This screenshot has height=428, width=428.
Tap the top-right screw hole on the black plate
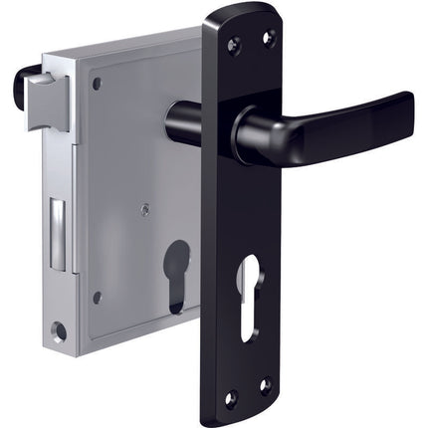[x=267, y=38]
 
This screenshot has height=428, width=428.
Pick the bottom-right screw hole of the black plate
[x=266, y=384]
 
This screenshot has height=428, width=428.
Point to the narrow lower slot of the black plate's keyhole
[x=248, y=314]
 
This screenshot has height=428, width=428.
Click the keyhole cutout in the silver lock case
[x=177, y=274]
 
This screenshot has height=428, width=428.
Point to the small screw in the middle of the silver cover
[x=145, y=209]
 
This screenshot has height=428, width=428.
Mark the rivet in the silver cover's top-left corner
[x=97, y=84]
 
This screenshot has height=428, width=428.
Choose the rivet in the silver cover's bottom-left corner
[x=97, y=298]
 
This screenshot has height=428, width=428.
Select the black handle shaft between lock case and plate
[x=184, y=121]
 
